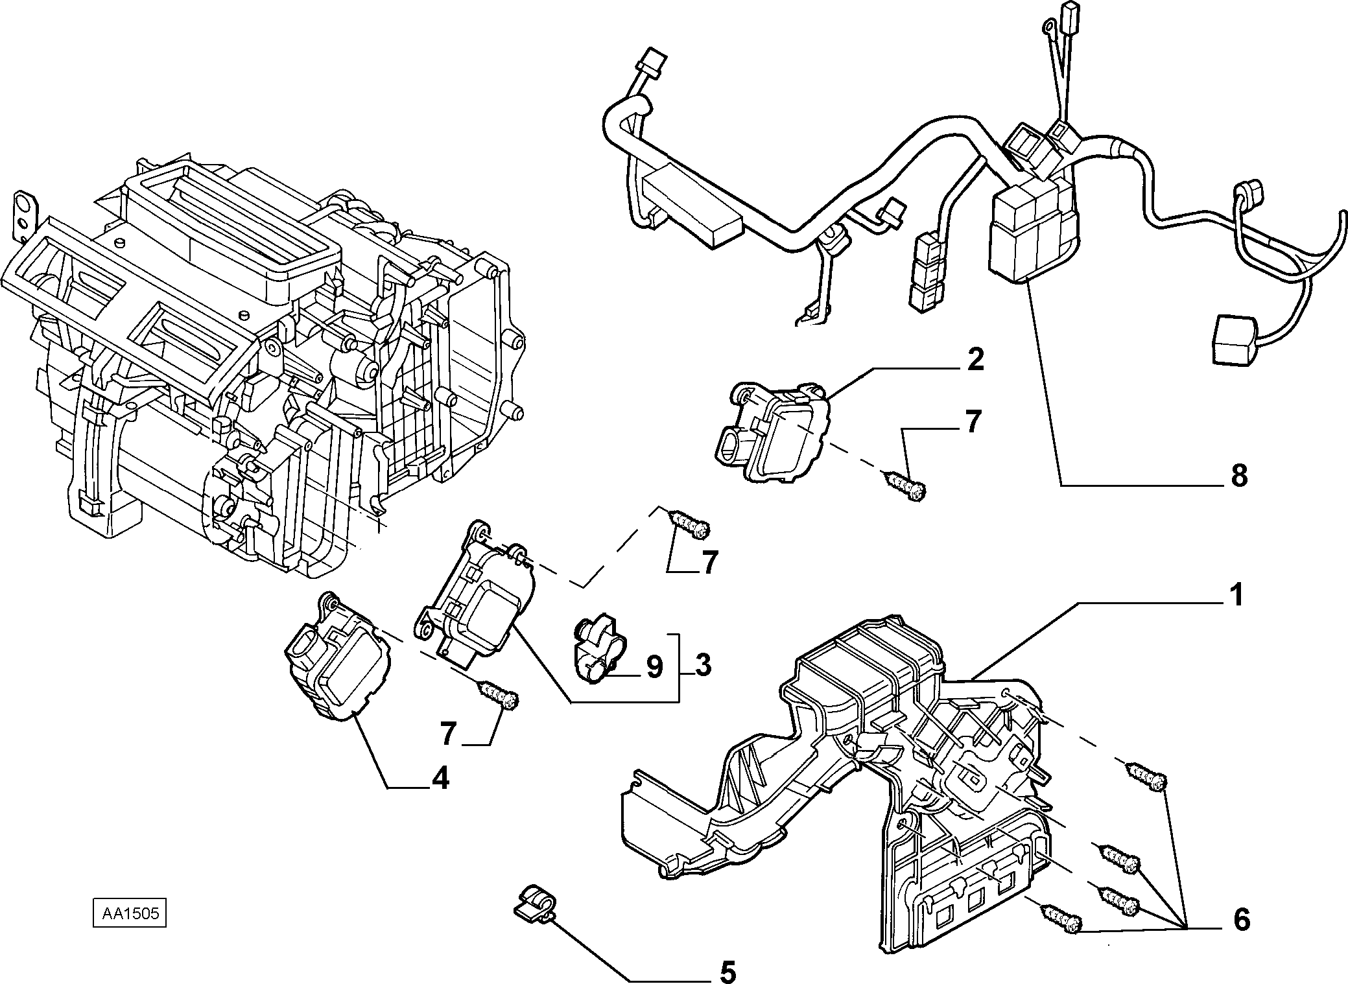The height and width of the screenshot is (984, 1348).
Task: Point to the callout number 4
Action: (x=440, y=778)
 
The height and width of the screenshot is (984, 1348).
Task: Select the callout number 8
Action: (x=1238, y=476)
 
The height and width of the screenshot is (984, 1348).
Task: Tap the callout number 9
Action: (x=654, y=666)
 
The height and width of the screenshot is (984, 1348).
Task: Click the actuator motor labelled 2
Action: (x=774, y=431)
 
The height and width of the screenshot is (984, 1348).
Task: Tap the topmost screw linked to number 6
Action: (x=1146, y=776)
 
